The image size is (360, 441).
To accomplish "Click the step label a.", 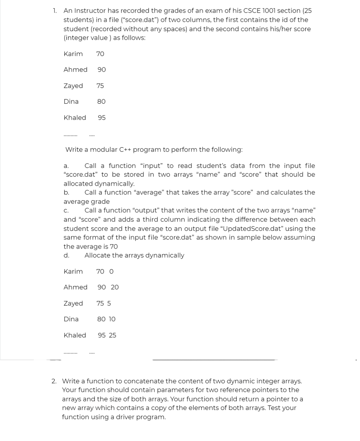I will point(66,166).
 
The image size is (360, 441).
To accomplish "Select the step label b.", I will point(66,193).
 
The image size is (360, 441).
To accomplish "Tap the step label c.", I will point(66,211).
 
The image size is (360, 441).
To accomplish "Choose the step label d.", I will point(66,255).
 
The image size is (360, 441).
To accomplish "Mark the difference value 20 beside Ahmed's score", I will point(115,287).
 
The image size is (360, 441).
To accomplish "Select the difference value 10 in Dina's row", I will point(112,319).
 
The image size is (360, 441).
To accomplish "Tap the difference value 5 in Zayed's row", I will point(109,303).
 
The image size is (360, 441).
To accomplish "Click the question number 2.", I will point(53,381).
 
